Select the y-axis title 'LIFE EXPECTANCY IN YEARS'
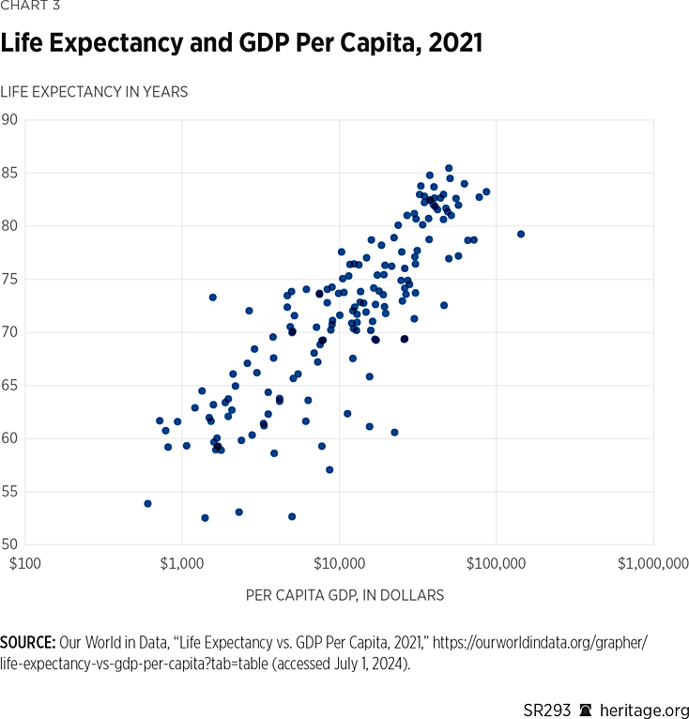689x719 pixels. (94, 92)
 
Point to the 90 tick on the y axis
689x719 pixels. (9, 120)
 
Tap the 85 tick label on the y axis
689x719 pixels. (9, 173)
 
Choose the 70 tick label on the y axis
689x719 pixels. (9, 332)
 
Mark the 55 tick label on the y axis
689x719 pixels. (9, 492)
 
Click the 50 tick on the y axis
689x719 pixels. (9, 544)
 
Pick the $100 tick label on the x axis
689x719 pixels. (24, 563)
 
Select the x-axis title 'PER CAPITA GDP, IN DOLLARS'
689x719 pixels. (344, 595)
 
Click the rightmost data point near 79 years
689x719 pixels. (521, 234)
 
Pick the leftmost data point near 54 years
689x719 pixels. (147, 504)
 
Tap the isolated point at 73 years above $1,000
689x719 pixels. (213, 298)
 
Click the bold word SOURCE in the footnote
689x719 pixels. (27, 644)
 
